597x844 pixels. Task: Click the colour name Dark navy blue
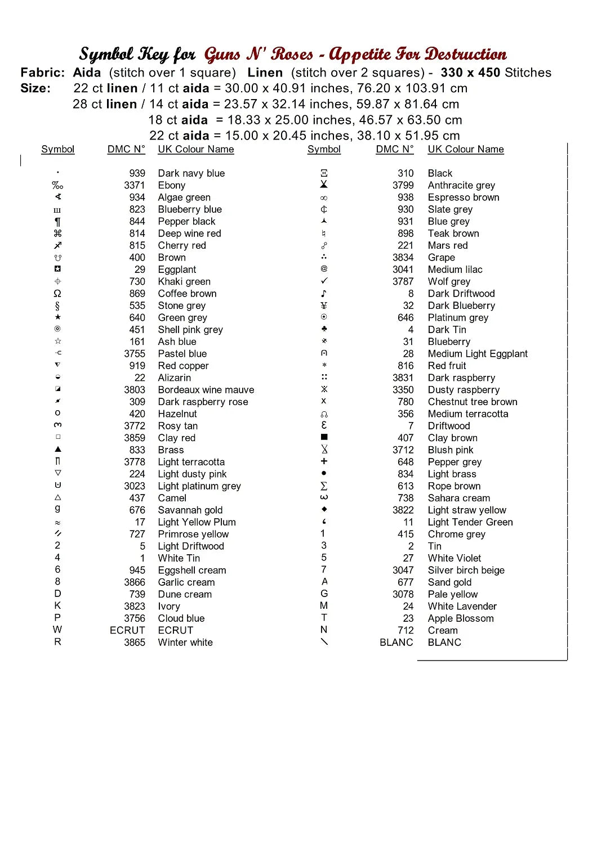[x=191, y=173]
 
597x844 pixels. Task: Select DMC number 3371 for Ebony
[x=134, y=185]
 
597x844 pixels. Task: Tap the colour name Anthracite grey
[x=461, y=185]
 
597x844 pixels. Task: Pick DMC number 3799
[x=403, y=185]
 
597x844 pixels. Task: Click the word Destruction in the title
[x=465, y=54]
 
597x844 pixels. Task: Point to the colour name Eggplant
[x=177, y=270]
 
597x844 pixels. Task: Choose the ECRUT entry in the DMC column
[x=127, y=630]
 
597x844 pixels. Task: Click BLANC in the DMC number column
[x=396, y=642]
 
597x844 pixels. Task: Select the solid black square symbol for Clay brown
[x=324, y=437]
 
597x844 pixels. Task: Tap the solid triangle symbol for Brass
[x=57, y=450]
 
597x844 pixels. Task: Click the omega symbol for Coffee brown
[x=57, y=293]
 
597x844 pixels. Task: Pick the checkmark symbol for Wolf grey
[x=324, y=281]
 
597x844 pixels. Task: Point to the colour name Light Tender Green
[x=470, y=522]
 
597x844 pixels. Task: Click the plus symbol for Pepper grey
[x=324, y=461]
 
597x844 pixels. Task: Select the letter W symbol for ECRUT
[x=57, y=630]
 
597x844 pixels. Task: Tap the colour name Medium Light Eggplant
[x=478, y=353]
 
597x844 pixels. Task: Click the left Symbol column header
[x=57, y=149]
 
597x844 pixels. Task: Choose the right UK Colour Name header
[x=466, y=149]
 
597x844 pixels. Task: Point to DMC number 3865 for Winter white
[x=134, y=642]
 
